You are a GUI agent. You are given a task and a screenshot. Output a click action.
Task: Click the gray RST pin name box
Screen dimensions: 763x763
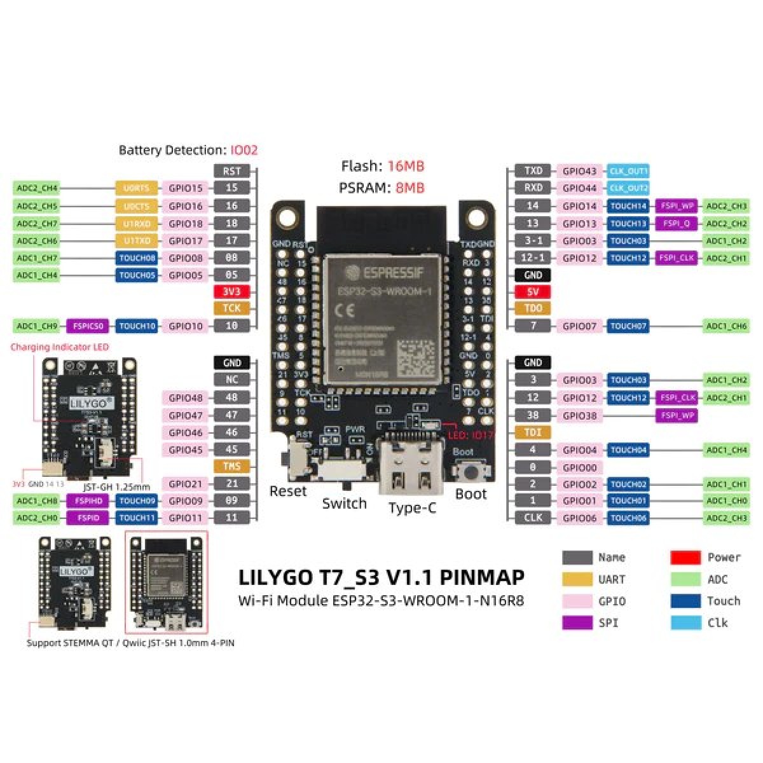(232, 171)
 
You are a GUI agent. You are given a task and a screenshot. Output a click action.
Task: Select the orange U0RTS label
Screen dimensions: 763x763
(136, 188)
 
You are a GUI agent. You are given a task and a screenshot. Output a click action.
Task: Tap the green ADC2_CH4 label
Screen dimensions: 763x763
(37, 188)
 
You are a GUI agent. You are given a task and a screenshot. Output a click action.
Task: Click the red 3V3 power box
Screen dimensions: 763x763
(232, 292)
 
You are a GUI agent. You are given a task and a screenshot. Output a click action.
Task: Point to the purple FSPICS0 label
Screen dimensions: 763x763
(87, 326)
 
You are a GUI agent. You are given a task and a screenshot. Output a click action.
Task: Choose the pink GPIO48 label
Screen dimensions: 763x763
(185, 398)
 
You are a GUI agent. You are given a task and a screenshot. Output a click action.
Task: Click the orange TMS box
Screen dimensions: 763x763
(232, 466)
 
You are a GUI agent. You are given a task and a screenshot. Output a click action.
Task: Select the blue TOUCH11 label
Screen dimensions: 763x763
(136, 518)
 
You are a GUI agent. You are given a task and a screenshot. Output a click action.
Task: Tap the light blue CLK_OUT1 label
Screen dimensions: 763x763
(628, 171)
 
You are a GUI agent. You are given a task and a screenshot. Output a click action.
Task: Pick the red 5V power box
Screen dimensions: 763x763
(533, 292)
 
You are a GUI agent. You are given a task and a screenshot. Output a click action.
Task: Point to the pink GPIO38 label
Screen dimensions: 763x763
(579, 415)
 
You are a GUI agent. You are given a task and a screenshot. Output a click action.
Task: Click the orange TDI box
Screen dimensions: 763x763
(533, 432)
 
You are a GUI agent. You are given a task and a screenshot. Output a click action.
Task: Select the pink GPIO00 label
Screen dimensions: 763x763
(579, 467)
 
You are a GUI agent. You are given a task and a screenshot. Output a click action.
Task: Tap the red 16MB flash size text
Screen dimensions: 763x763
(405, 167)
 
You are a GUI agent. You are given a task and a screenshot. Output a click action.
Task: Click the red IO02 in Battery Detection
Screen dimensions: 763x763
(244, 151)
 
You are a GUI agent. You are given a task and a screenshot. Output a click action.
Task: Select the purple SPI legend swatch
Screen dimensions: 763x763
(577, 622)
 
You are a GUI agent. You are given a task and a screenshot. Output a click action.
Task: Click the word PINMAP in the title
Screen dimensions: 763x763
(483, 577)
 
